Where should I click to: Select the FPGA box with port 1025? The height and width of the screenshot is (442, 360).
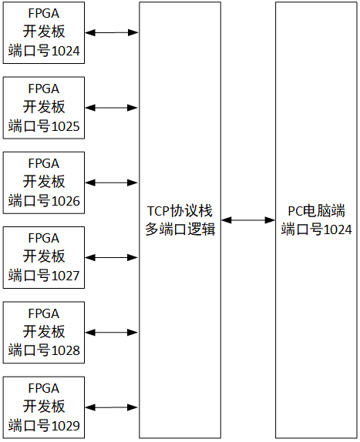click(x=45, y=108)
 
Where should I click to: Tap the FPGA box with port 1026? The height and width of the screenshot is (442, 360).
click(x=45, y=182)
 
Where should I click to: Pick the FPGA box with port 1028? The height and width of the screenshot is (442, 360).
click(x=45, y=332)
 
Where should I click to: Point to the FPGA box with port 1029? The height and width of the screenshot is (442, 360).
click(x=45, y=407)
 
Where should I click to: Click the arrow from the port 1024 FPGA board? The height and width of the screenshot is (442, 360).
click(x=112, y=33)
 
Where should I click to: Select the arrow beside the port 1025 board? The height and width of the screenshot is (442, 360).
click(x=112, y=108)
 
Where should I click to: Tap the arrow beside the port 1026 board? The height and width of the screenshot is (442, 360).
click(x=112, y=182)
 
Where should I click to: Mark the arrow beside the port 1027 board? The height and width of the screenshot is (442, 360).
click(x=112, y=257)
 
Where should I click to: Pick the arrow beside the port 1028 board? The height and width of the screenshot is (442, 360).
click(x=112, y=332)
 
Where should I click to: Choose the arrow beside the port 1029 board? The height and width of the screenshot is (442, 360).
click(x=112, y=407)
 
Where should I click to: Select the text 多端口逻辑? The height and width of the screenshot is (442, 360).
click(x=180, y=229)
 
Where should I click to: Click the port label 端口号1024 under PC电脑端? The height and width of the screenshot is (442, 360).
click(x=317, y=229)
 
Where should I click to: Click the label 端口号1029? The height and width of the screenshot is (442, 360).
click(x=45, y=424)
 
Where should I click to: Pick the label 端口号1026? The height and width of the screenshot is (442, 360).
click(x=45, y=200)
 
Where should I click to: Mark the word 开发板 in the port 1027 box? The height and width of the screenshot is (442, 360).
click(x=45, y=256)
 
